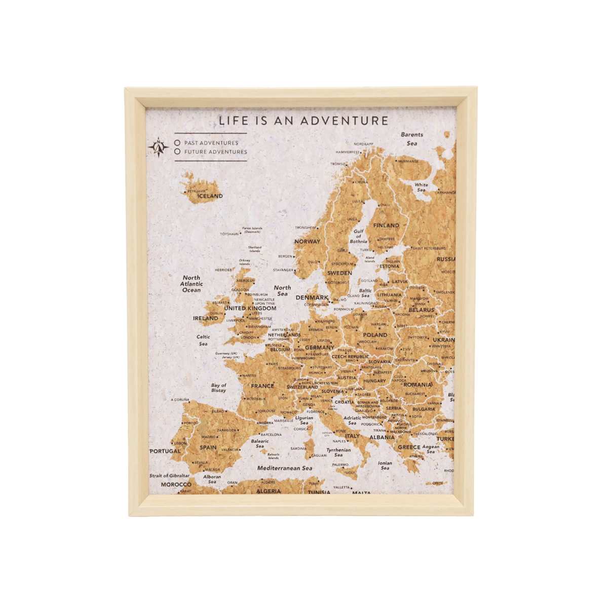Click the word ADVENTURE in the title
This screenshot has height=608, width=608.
point(345,121)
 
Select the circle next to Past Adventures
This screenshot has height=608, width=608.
point(177,143)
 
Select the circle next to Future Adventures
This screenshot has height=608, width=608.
point(177,151)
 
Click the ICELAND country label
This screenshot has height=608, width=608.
point(210,196)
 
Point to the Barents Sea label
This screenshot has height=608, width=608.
point(412,139)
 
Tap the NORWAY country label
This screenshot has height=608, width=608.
point(307,242)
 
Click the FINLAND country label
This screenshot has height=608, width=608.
point(386,225)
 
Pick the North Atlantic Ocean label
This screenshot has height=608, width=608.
point(192,284)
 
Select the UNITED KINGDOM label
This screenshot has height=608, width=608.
point(250,308)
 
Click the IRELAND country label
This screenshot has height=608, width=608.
point(205,319)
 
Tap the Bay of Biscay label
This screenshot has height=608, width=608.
point(218,388)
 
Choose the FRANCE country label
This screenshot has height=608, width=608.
point(262,386)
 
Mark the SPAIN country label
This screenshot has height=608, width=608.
point(208,447)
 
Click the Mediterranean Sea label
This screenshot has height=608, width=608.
point(285,469)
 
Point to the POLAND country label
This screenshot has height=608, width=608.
point(375,335)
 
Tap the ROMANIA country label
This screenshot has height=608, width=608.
point(418,385)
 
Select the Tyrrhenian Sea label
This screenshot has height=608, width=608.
point(338,452)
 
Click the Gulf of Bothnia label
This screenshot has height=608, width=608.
point(359,236)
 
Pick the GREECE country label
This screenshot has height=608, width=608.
point(409,447)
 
